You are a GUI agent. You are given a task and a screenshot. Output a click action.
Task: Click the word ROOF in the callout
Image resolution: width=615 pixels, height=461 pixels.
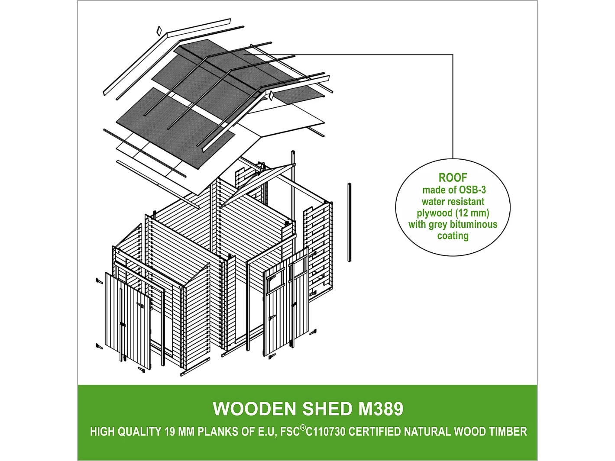point(453,177)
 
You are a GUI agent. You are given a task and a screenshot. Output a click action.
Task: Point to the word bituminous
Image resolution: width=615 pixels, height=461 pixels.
point(473,224)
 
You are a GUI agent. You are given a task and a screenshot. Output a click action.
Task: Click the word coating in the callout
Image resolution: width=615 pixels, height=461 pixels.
point(453,236)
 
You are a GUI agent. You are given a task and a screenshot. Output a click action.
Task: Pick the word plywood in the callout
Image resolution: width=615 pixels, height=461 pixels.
point(435,213)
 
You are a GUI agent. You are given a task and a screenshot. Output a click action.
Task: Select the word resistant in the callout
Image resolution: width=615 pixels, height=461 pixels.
point(465,202)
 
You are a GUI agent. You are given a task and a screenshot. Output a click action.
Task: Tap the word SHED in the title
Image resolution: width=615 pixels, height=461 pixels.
point(327,409)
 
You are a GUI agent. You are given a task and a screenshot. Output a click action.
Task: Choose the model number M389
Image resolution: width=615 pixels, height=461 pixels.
point(381,409)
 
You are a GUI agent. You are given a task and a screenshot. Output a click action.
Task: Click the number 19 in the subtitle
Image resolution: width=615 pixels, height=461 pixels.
point(169,432)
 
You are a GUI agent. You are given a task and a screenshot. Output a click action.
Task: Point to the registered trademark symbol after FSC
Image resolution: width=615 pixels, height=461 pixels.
point(303,428)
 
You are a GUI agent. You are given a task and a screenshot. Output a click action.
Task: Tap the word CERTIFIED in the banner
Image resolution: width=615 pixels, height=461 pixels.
point(375,432)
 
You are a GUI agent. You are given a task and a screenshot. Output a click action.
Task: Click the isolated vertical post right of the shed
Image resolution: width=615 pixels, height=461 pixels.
point(349,222)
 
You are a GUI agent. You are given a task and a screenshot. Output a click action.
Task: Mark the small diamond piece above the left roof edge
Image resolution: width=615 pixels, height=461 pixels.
point(159,31)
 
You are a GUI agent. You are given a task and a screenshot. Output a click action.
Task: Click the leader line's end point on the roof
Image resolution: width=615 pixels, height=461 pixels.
point(245,55)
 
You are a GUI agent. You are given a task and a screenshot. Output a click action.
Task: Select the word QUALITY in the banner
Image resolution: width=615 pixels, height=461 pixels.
point(139,432)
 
